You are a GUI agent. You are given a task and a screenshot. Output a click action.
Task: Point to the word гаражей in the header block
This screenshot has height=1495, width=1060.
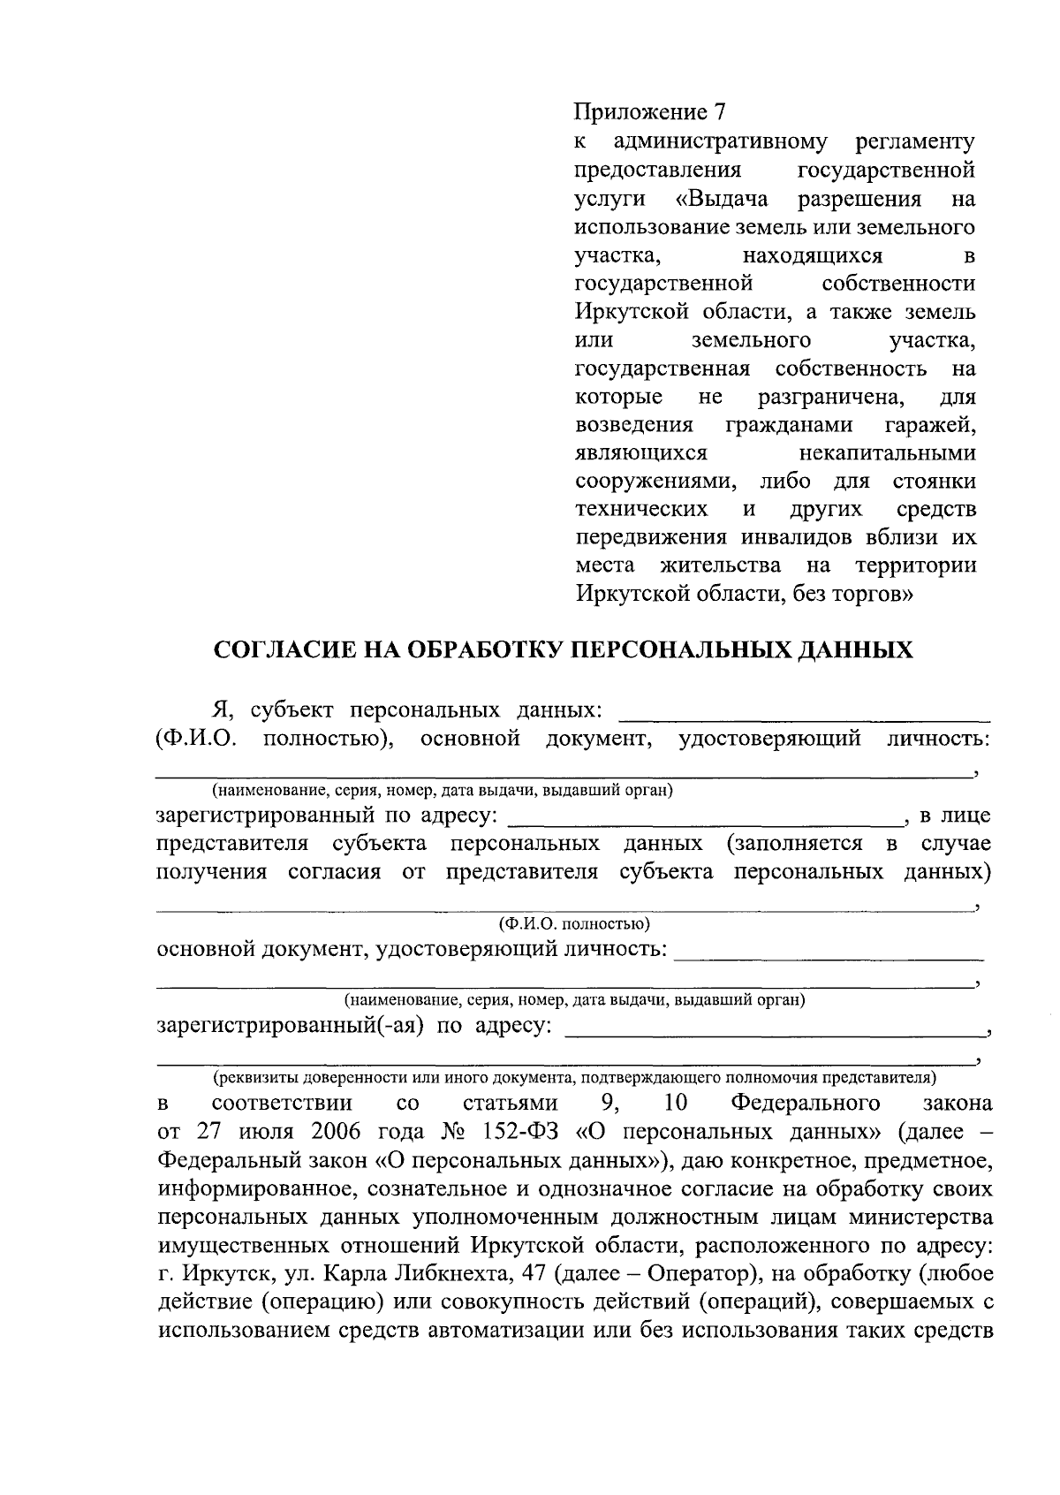click(x=929, y=425)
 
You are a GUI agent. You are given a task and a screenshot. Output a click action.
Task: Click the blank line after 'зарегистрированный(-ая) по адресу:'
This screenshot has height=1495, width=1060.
click(x=774, y=1032)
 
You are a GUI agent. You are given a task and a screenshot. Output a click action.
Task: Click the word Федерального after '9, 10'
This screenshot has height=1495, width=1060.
click(x=806, y=1104)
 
